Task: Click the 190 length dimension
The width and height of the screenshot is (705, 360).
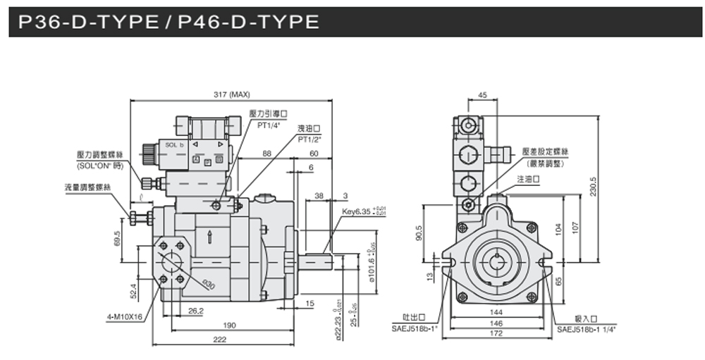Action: [230, 325]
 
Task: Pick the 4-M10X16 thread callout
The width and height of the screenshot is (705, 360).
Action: [125, 316]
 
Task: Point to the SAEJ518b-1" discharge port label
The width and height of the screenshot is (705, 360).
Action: [415, 328]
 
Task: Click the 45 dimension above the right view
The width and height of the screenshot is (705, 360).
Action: [482, 94]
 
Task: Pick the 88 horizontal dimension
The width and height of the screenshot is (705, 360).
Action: [266, 153]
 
